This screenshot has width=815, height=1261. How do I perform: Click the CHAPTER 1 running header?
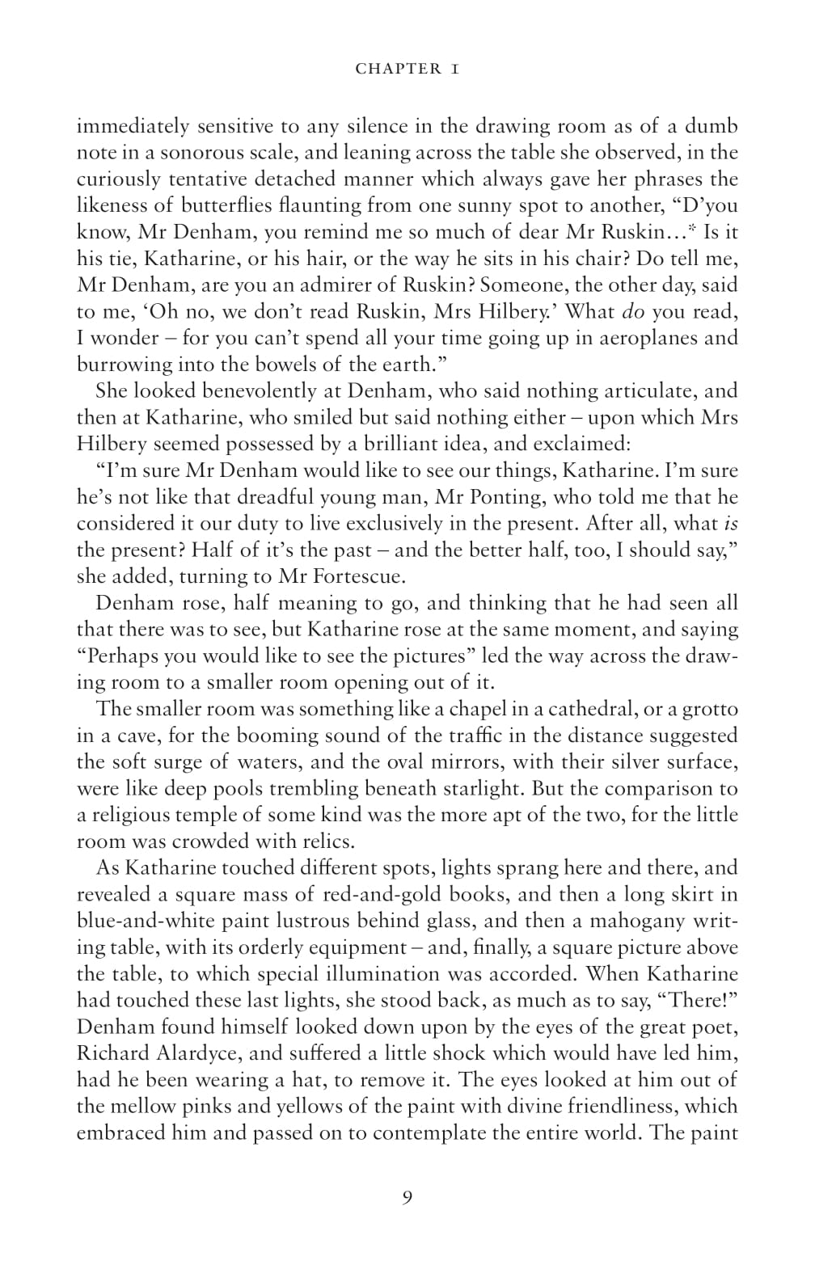pyautogui.click(x=407, y=69)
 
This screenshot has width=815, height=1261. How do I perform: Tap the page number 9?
pyautogui.click(x=407, y=1197)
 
